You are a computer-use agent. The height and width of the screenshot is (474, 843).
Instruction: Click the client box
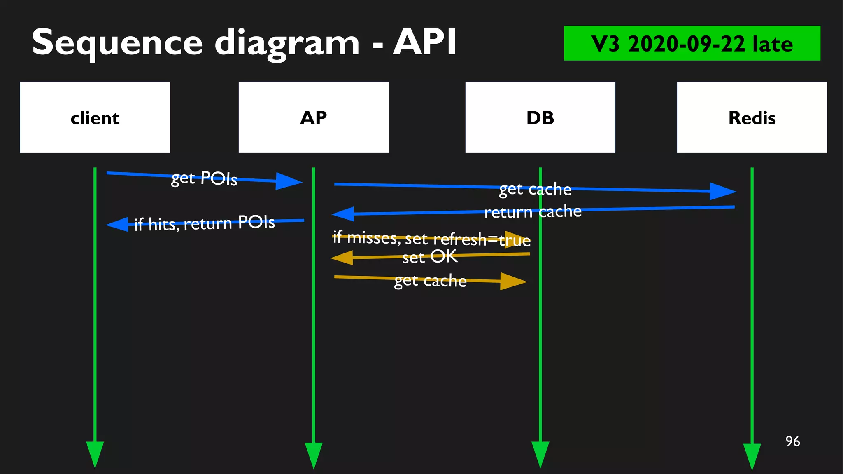(95, 117)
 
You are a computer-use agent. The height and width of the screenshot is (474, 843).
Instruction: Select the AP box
(313, 117)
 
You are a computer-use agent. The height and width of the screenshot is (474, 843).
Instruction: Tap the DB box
(540, 117)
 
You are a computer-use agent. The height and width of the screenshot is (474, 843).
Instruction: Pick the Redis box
(752, 117)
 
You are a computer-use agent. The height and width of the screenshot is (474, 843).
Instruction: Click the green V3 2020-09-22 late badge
(692, 43)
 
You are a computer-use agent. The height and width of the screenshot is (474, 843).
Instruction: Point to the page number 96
(792, 441)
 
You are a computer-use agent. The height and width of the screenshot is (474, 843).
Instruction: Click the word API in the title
(424, 42)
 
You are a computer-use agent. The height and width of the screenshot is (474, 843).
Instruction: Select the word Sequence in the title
(117, 43)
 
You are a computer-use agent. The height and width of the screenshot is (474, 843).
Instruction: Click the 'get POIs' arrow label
(204, 178)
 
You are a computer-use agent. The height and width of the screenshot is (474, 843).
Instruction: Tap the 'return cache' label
(533, 212)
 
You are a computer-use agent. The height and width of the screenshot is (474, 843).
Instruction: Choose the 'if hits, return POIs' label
(205, 223)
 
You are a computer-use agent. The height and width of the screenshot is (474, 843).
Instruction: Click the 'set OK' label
(429, 257)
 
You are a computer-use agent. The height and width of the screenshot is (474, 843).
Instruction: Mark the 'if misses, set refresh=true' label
(431, 239)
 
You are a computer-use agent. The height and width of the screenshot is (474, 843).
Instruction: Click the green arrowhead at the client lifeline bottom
(95, 453)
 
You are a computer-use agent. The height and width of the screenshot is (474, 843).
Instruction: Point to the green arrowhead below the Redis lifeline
(752, 455)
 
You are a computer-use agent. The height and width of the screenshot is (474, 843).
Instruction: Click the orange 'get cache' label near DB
(430, 281)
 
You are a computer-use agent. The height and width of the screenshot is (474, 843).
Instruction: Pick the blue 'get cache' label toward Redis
(535, 189)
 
